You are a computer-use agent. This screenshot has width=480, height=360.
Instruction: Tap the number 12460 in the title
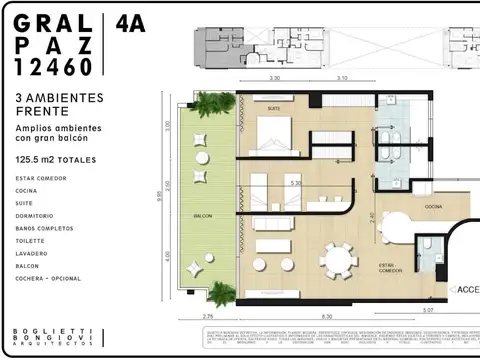tap(56, 67)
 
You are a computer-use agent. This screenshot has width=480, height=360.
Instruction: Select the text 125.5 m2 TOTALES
tap(59, 158)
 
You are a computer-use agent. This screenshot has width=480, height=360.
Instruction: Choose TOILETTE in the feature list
tap(32, 240)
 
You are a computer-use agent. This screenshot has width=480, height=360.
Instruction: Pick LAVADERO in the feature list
tap(32, 253)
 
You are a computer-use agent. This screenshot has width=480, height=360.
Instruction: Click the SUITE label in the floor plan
tap(273, 107)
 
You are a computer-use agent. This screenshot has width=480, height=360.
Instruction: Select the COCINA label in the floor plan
tap(433, 206)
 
